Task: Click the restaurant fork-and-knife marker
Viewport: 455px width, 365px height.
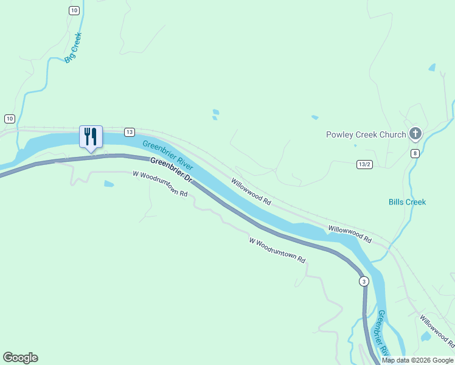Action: pyautogui.click(x=91, y=136)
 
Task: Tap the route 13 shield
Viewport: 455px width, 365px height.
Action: pyautogui.click(x=130, y=132)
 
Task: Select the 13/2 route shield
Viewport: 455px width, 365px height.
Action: pyautogui.click(x=364, y=164)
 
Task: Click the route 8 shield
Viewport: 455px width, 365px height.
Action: pyautogui.click(x=415, y=153)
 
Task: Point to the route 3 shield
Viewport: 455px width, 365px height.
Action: pyautogui.click(x=364, y=281)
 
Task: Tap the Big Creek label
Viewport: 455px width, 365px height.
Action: pyautogui.click(x=73, y=47)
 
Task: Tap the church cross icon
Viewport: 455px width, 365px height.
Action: pyautogui.click(x=415, y=133)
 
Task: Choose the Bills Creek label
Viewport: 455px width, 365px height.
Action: pyautogui.click(x=408, y=202)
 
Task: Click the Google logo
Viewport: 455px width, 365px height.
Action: pyautogui.click(x=20, y=358)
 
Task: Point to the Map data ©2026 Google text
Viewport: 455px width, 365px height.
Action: pyautogui.click(x=418, y=360)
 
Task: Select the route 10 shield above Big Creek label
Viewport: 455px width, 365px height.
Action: pyautogui.click(x=74, y=10)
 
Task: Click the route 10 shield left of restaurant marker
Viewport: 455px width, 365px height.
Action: pyautogui.click(x=9, y=118)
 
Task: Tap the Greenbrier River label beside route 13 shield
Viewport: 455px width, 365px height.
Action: pyautogui.click(x=168, y=155)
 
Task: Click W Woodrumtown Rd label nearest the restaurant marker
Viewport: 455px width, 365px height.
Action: pyautogui.click(x=160, y=183)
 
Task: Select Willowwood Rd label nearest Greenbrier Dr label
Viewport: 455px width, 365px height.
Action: pyautogui.click(x=251, y=190)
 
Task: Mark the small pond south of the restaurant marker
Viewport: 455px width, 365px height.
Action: pyautogui.click(x=108, y=183)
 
